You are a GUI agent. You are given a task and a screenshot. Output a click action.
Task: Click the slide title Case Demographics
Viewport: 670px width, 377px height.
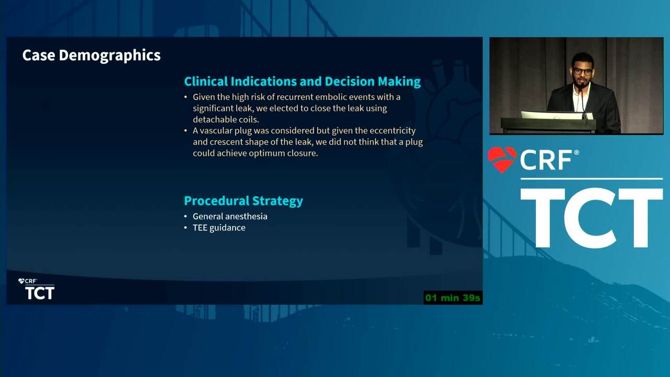pyautogui.click(x=92, y=56)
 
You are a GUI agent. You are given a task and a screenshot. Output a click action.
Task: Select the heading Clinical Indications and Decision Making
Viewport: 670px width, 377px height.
pyautogui.click(x=303, y=81)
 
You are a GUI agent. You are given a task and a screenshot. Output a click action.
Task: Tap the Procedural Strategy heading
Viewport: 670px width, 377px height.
pyautogui.click(x=243, y=201)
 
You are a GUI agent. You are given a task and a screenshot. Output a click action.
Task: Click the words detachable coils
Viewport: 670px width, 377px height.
pyautogui.click(x=226, y=119)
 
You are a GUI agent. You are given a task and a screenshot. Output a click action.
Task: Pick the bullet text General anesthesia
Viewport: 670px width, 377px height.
pyautogui.click(x=230, y=216)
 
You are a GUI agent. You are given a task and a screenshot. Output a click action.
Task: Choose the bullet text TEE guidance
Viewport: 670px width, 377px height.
pyautogui.click(x=219, y=228)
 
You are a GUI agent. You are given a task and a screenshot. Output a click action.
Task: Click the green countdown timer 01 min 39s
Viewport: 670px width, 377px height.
pyautogui.click(x=453, y=298)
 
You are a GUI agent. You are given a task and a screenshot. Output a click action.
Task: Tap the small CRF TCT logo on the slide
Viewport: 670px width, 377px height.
pyautogui.click(x=36, y=289)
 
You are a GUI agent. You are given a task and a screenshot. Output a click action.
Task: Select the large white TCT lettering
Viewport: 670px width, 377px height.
pyautogui.click(x=591, y=218)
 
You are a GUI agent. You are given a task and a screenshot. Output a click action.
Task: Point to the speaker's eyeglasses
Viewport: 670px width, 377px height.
pyautogui.click(x=583, y=72)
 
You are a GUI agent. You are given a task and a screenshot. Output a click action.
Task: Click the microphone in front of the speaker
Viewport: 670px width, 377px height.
pyautogui.click(x=583, y=102)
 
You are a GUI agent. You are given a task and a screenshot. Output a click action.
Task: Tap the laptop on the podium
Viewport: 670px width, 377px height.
pyautogui.click(x=556, y=115)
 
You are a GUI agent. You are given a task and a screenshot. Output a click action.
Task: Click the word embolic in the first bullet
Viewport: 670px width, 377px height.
pyautogui.click(x=330, y=97)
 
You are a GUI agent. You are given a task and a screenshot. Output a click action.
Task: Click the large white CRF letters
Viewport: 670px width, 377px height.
pyautogui.click(x=546, y=160)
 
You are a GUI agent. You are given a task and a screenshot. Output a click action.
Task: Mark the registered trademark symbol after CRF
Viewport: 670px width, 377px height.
pyautogui.click(x=576, y=152)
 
